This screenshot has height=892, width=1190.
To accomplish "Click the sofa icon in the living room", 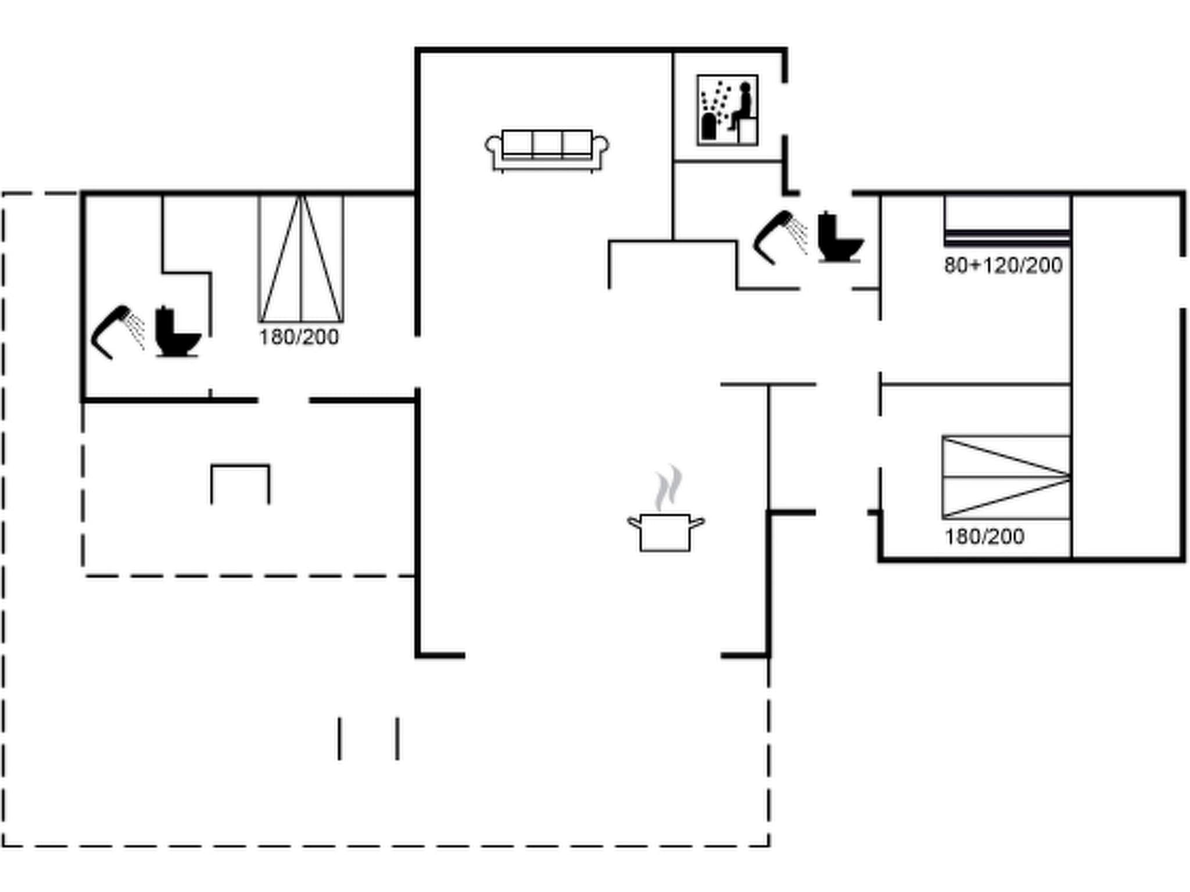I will click(547, 150).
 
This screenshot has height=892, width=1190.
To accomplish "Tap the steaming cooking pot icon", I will click(665, 531).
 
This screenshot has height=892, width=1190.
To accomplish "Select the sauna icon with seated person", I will click(727, 110).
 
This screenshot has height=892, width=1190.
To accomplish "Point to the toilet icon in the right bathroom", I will click(839, 238).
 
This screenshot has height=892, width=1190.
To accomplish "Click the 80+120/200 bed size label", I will click(1003, 266).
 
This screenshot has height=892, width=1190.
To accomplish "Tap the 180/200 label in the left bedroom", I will click(299, 337).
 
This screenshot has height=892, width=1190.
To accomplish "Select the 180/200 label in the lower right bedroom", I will click(984, 537).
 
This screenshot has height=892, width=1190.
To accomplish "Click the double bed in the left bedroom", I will click(301, 258).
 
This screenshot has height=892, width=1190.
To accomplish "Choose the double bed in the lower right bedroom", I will click(1006, 477).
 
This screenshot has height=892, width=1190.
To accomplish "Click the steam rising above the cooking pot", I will click(668, 488).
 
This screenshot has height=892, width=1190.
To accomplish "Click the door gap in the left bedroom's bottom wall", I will click(283, 400).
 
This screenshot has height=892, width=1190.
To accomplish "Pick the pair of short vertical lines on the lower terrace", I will click(368, 738).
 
